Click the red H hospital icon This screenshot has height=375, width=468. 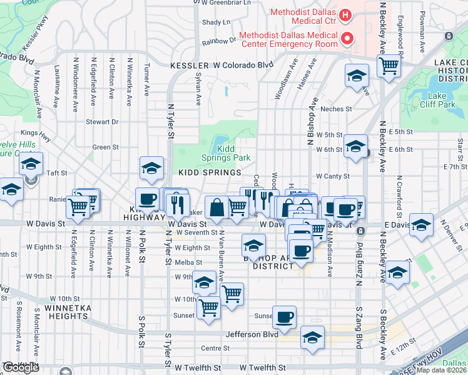[x=343, y=14]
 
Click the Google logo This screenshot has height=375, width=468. [x=21, y=367]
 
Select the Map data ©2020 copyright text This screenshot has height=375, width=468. [x=442, y=370]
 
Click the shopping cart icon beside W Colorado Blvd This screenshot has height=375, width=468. [x=389, y=66]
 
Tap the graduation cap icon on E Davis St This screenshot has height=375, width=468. [x=422, y=224]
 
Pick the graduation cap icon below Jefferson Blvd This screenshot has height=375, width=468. [x=312, y=337]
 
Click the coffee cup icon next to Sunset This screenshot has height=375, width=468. [x=285, y=317]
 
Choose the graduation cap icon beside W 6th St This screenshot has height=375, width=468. [x=355, y=147]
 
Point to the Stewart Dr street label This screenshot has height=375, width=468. [x=103, y=122]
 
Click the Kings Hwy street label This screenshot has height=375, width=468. [x=34, y=132]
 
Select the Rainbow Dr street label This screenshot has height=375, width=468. [x=219, y=42]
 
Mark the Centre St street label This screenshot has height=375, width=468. [x=211, y=348]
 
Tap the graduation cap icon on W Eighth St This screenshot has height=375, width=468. [x=253, y=245]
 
